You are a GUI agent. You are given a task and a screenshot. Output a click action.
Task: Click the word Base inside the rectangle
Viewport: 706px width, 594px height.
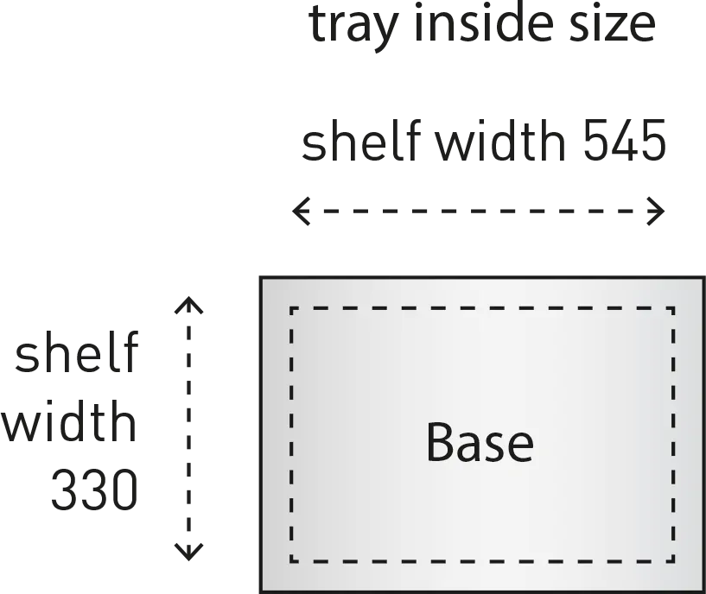tap(480, 442)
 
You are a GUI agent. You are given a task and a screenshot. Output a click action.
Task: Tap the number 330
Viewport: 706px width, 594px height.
tap(94, 488)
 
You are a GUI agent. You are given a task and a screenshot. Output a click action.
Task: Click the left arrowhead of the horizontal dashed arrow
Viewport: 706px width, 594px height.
tap(300, 210)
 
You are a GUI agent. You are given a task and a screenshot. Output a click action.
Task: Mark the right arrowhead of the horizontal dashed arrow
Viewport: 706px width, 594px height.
tap(657, 210)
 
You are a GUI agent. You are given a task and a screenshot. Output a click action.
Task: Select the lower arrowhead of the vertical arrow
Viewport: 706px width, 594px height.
tap(188, 548)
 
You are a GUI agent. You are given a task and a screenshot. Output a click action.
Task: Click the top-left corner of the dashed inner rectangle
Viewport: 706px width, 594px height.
tap(291, 308)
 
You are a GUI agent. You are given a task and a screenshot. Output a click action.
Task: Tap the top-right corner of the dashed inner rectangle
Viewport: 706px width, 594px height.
tap(673, 308)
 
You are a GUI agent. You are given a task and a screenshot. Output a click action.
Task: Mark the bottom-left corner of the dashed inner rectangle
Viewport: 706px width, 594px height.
tap(291, 560)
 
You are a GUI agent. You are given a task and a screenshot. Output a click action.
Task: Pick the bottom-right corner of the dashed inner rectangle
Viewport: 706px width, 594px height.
tap(673, 560)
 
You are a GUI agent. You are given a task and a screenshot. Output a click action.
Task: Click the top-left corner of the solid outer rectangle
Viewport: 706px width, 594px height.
tap(259, 274)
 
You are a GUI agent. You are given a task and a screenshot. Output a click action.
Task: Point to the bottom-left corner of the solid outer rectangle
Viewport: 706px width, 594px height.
tap(259, 591)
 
